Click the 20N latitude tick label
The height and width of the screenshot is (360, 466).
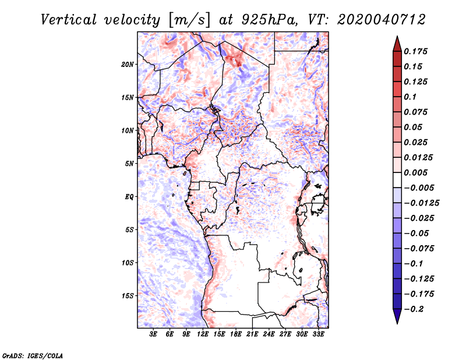point(128,65)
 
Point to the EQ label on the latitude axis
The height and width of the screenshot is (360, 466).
point(129,197)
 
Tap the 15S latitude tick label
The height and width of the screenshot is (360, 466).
point(128,296)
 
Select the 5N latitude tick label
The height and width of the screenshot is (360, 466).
point(129,164)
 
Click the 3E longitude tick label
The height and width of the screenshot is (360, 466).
point(153,334)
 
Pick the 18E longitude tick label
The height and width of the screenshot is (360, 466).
point(236,334)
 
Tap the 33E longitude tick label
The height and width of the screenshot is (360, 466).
point(318,334)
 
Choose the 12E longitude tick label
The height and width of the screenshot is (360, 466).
point(203,334)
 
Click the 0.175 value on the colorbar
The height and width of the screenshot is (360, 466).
point(415,51)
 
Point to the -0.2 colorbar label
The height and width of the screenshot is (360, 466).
point(414,309)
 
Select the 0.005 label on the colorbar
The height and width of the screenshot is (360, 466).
point(415,172)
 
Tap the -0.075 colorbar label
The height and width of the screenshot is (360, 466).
point(419,249)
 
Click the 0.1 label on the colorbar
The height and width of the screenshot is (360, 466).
point(410,97)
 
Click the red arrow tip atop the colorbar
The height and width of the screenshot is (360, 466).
point(397,36)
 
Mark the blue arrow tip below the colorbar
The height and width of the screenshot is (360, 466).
point(397,323)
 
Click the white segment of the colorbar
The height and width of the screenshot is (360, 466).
point(397,180)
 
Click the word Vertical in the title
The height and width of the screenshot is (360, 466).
point(69,20)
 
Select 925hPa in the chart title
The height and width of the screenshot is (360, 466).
point(269,20)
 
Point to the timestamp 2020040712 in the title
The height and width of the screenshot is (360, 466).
point(382,20)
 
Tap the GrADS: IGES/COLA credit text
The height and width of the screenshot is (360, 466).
point(33,356)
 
